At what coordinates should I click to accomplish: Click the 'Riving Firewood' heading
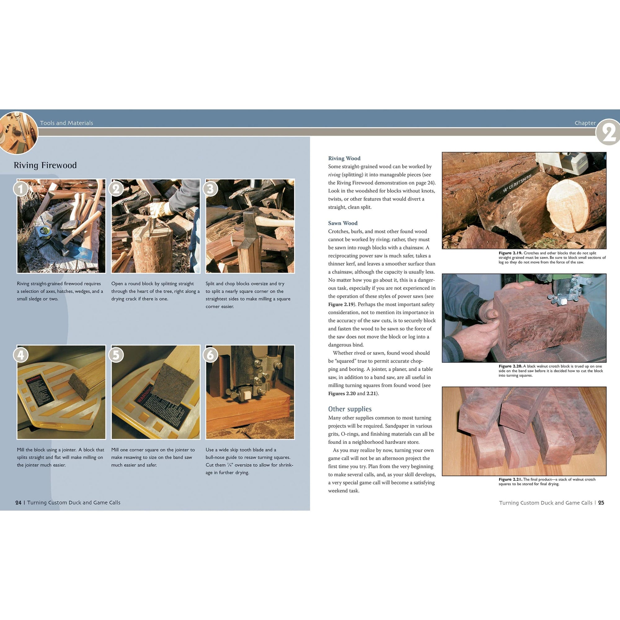point(45,165)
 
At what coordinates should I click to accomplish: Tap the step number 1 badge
point(20,189)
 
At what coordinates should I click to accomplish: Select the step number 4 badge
point(20,355)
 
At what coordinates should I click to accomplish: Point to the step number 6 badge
point(210,355)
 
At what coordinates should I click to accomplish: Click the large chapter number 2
point(608,132)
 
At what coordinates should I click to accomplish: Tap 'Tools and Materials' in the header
point(66,123)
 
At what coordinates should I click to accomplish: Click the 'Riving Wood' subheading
point(344,158)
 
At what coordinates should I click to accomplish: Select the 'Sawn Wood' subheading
point(343,223)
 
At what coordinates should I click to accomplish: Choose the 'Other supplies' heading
point(349,409)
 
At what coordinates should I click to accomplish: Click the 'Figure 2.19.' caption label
point(510,253)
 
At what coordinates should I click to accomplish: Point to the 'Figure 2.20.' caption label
point(510,366)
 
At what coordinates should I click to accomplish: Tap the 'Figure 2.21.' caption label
point(510,480)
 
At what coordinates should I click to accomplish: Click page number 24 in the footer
point(18,503)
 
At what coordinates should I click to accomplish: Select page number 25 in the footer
point(601,503)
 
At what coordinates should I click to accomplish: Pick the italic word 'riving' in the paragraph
point(334,175)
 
